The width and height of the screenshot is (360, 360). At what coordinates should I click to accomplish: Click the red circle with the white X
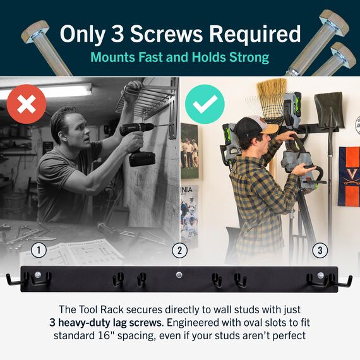coord(27,104)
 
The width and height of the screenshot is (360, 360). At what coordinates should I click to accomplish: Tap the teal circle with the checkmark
coord(205,104)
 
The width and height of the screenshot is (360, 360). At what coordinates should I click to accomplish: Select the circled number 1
coord(39,250)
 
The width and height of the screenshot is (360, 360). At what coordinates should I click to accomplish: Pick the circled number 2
coord(179,250)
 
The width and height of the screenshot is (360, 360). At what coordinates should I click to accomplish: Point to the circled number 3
coord(320,250)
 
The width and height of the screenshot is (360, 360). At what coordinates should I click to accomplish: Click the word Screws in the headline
coord(167,34)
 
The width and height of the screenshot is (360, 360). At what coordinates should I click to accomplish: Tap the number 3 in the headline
coord(117,34)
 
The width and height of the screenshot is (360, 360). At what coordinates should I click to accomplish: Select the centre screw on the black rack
coord(179,274)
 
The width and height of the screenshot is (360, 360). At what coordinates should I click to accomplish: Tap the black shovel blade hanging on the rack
coord(329,110)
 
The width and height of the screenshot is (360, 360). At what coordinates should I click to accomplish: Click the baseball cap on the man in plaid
coord(254,128)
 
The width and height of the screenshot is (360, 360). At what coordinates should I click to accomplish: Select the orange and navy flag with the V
coord(349,176)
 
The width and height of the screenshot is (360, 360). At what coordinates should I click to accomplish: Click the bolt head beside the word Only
coord(35,32)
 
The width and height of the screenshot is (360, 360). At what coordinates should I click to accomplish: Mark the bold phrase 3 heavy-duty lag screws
coord(105,323)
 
